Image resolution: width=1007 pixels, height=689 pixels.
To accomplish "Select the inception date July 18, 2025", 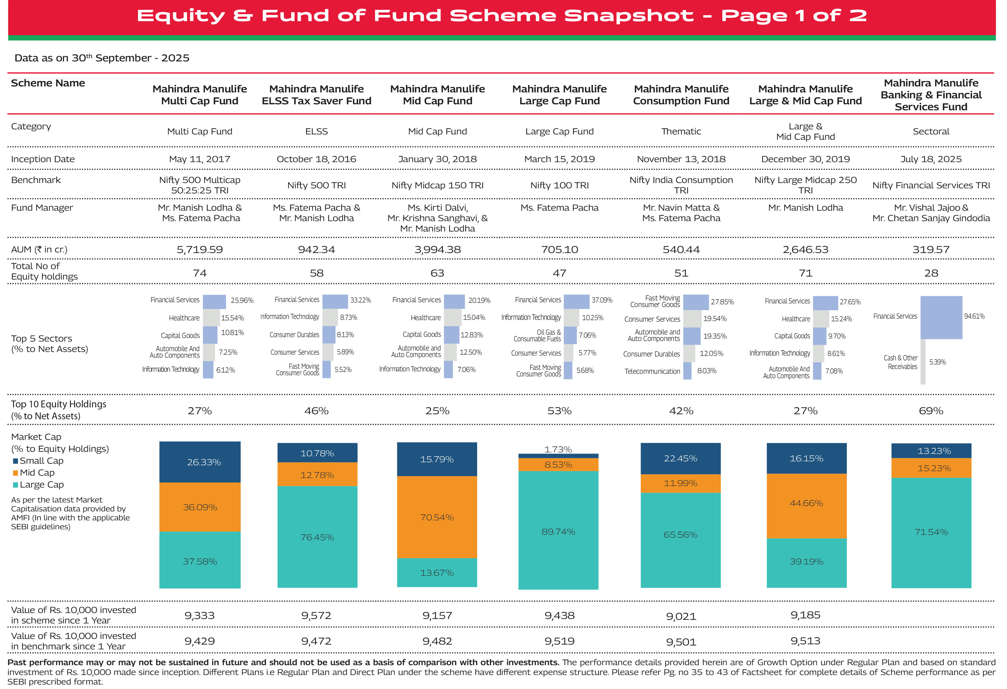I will [x=931, y=159].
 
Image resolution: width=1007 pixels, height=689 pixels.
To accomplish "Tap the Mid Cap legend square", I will [x=15, y=473].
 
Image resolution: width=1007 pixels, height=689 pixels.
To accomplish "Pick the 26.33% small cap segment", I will [x=200, y=462].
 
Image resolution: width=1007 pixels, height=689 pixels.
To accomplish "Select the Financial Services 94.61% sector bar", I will [x=941, y=317].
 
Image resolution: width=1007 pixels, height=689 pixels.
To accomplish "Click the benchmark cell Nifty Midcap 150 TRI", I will [x=437, y=185].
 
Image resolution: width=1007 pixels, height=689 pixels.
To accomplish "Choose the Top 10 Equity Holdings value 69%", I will [x=931, y=411].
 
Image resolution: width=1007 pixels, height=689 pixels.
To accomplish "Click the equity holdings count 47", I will [x=559, y=273].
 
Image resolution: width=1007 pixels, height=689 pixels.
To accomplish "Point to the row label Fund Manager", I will [x=42, y=208].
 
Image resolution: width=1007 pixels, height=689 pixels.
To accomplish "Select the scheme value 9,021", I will [x=681, y=616].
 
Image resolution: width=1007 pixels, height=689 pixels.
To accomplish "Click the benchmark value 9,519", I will [x=559, y=641].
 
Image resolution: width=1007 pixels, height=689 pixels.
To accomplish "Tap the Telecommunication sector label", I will [x=652, y=371].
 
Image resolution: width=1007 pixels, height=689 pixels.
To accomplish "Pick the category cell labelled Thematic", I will [x=681, y=131].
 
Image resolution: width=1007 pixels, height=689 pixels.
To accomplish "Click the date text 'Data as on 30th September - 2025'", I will [x=102, y=58].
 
